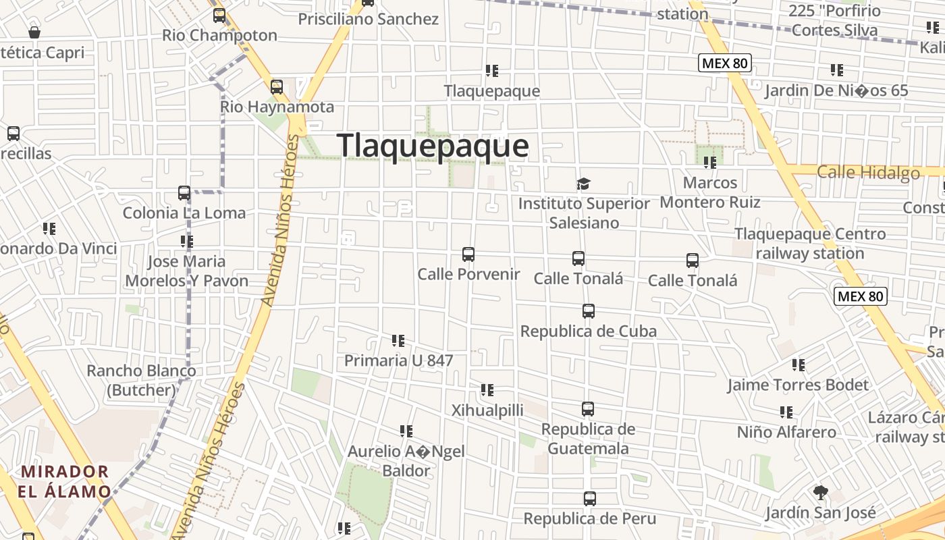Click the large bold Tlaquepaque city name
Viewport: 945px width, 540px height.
tap(432, 146)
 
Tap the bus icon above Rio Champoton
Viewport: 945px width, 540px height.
tap(219, 15)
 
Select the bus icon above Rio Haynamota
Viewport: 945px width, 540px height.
tap(277, 87)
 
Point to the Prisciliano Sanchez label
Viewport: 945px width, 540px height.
tap(369, 19)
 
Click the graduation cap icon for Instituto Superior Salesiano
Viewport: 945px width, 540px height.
tap(583, 184)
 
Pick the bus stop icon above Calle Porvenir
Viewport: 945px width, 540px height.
tap(468, 254)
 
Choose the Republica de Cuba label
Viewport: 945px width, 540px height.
tap(588, 331)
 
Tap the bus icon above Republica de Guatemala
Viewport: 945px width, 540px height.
tap(588, 409)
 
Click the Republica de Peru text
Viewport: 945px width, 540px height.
tap(590, 518)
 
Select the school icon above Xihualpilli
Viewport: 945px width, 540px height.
tap(487, 390)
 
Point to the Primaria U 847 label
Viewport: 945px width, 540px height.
tap(398, 360)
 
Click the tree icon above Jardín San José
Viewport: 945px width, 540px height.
tap(820, 492)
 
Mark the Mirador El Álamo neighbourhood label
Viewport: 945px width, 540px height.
tap(64, 481)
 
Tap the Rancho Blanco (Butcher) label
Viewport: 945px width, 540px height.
tap(141, 380)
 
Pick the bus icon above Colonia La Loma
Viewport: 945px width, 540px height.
tap(184, 193)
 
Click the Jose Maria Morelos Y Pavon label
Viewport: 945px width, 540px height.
tap(187, 271)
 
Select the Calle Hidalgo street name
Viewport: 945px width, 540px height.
tap(868, 173)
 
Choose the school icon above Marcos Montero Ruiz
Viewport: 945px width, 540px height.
tap(709, 163)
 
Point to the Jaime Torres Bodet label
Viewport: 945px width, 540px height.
tap(798, 385)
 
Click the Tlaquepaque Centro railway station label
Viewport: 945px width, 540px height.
tap(810, 244)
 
